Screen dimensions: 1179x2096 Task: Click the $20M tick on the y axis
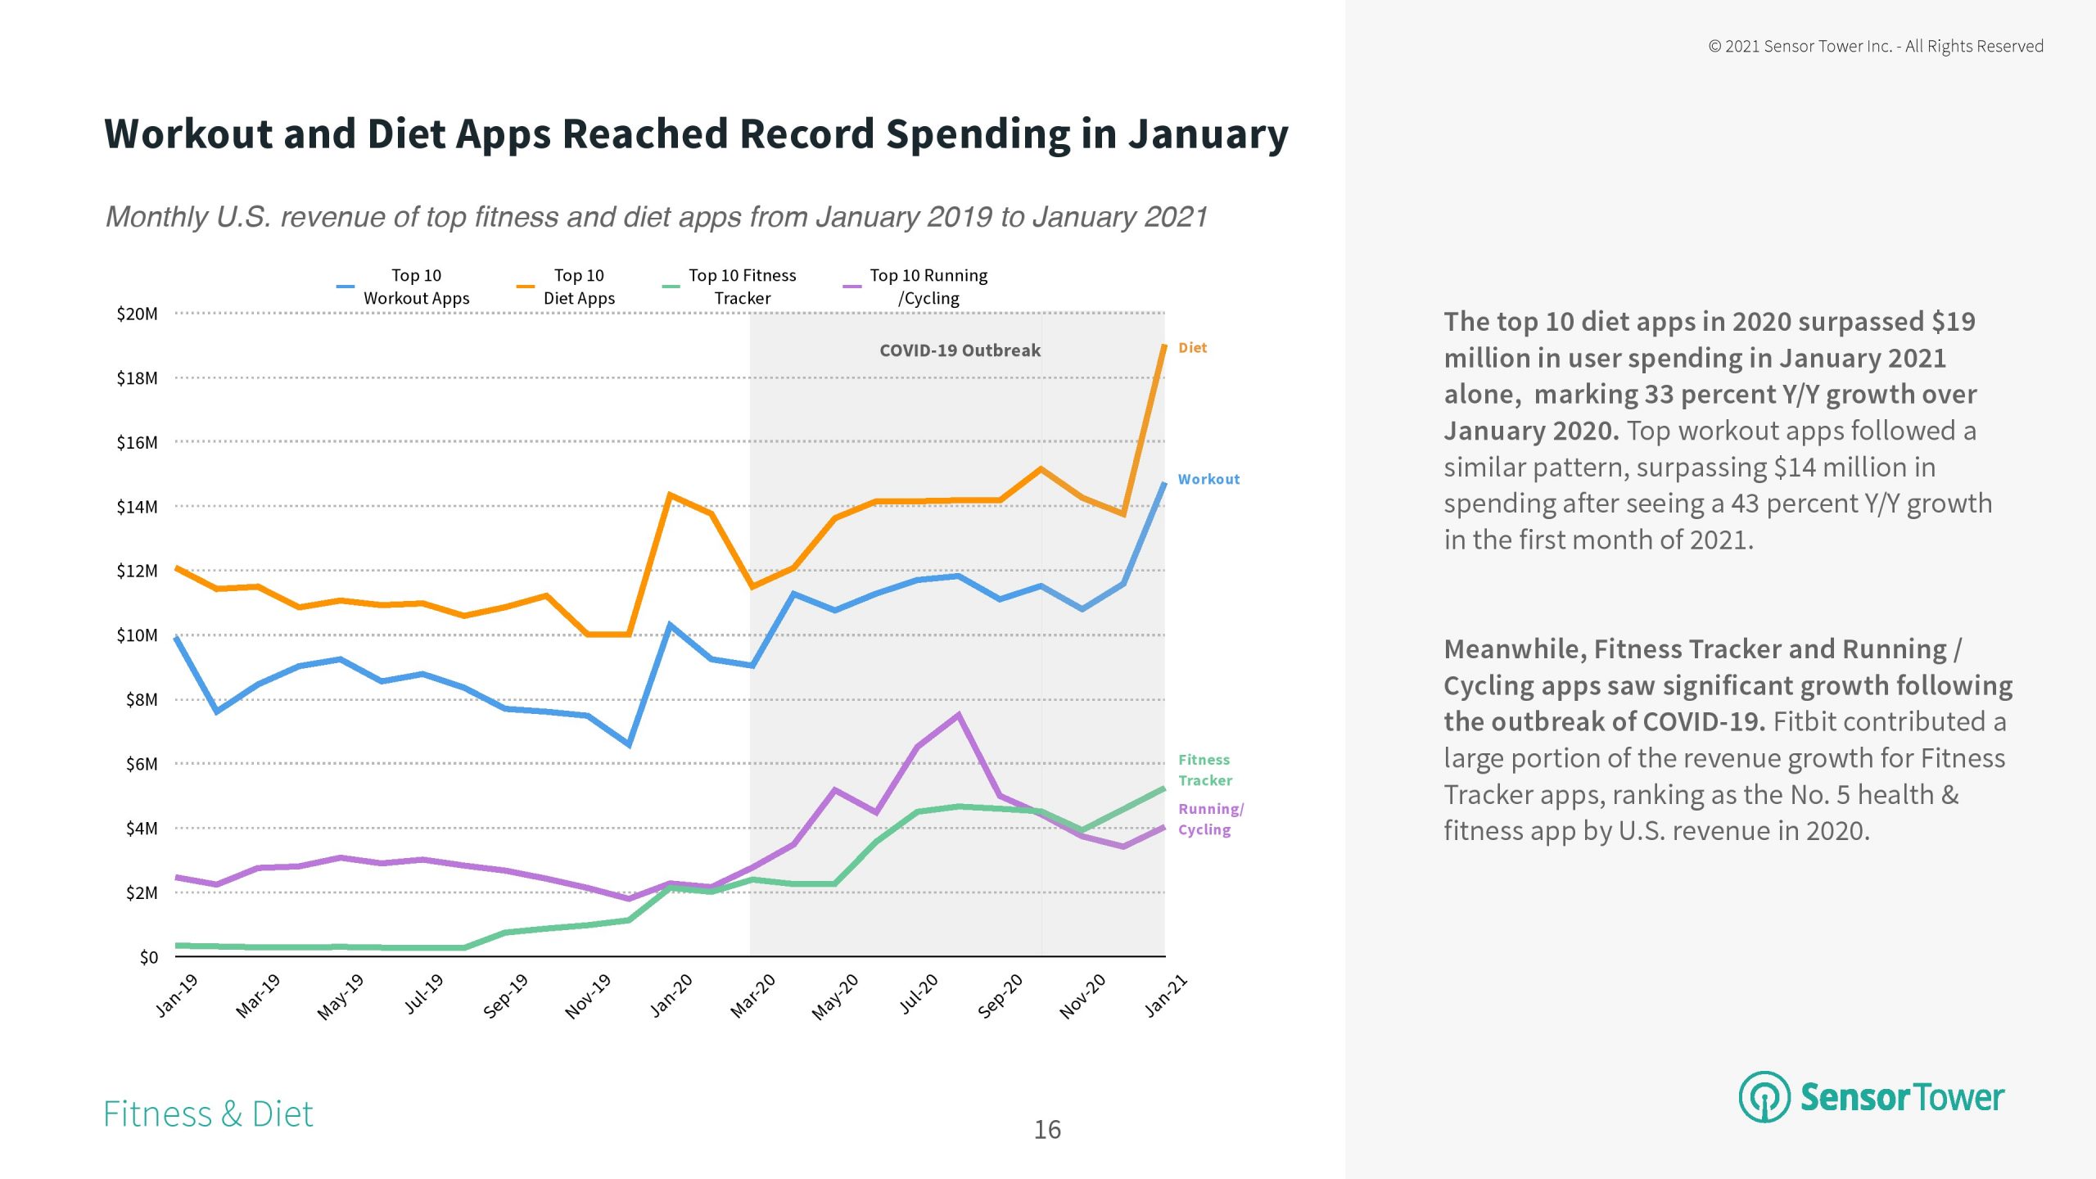coord(138,314)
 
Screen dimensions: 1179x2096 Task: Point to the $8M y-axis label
coord(142,700)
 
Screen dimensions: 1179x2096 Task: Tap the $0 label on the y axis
coord(148,957)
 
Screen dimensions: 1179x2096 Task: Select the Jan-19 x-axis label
coord(177,995)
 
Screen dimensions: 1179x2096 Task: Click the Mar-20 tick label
coord(753,996)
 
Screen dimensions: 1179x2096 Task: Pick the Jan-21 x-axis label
coord(1165,996)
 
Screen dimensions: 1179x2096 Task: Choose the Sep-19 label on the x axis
coord(506,996)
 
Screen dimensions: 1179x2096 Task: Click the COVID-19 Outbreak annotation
coord(960,350)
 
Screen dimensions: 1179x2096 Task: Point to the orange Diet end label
coord(1192,348)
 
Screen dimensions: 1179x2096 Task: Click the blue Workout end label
coord(1208,480)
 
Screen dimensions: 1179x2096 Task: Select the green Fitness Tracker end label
coord(1204,770)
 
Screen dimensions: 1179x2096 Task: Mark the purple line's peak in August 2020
coord(959,716)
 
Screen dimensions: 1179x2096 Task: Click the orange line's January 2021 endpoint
coord(1163,346)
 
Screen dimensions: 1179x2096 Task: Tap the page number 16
coord(1047,1130)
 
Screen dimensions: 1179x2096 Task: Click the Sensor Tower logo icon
coord(1764,1096)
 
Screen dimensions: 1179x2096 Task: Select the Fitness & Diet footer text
coord(208,1114)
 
